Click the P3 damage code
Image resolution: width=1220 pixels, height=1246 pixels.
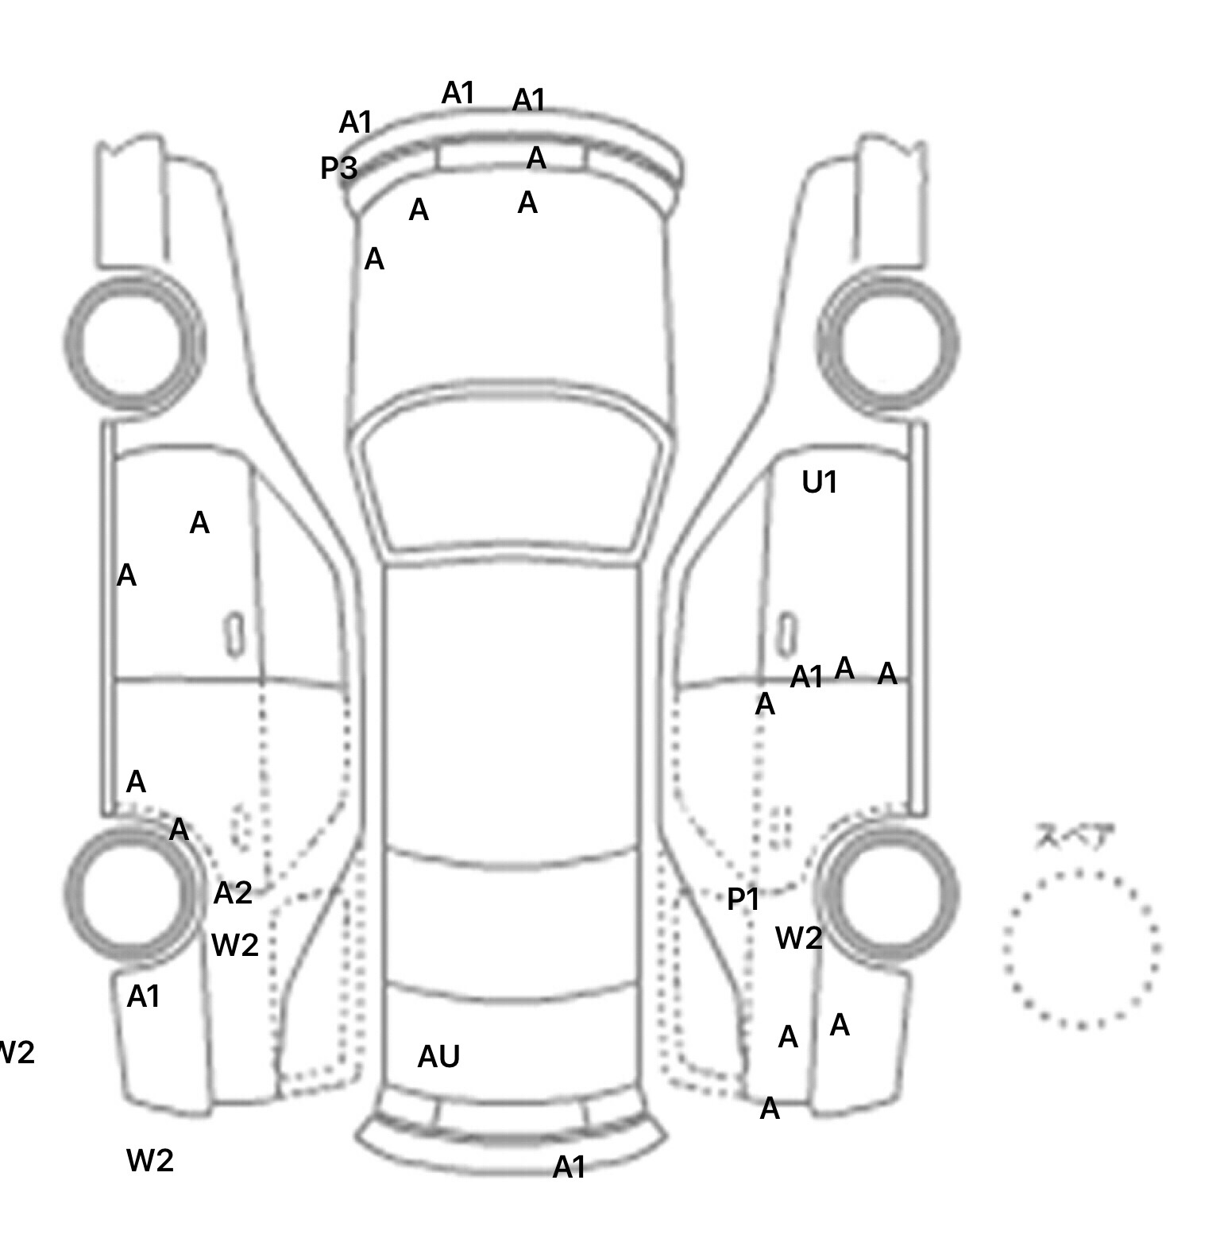(x=338, y=168)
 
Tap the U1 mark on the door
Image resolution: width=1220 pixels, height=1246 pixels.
(x=820, y=482)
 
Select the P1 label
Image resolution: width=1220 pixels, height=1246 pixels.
(x=743, y=900)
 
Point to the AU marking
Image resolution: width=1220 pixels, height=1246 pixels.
(x=438, y=1056)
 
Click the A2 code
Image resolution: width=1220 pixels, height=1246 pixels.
(x=233, y=894)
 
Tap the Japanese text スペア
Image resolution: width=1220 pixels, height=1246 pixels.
(x=1075, y=837)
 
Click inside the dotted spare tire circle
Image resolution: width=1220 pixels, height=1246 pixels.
(x=1081, y=949)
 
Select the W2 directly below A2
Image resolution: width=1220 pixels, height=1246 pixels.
(x=234, y=945)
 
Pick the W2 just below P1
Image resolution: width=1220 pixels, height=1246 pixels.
(x=798, y=938)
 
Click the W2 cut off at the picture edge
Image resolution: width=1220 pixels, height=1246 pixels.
(x=16, y=1053)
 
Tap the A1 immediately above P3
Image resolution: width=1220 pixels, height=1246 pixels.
(x=355, y=123)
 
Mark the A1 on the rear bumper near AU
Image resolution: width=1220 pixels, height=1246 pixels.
(x=569, y=1167)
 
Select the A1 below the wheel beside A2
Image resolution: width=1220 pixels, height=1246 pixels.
(x=144, y=996)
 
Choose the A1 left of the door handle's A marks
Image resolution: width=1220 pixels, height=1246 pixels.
(x=806, y=678)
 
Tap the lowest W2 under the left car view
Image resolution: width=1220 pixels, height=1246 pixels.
(x=149, y=1161)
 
